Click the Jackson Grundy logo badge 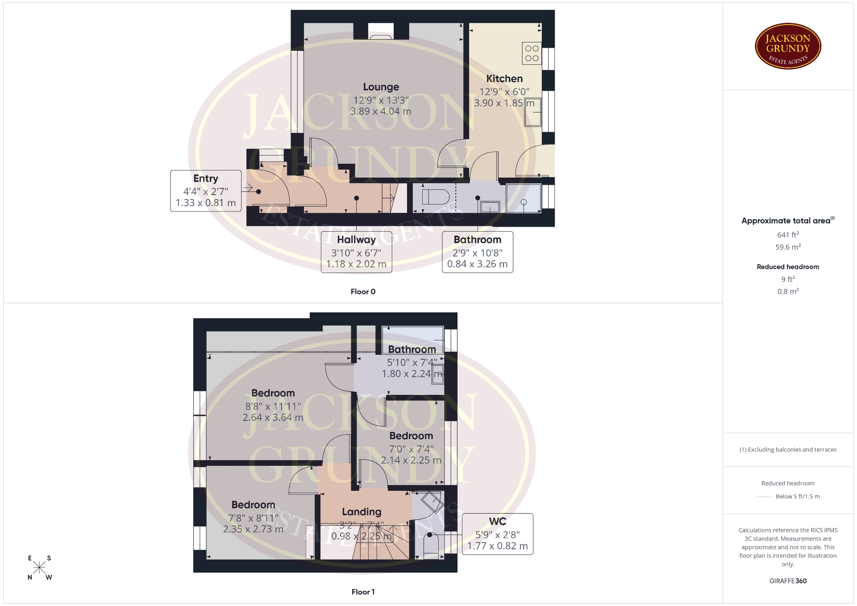788,46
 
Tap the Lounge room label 381,87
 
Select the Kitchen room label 504,79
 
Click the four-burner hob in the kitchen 532,53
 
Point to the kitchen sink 533,112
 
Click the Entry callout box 206,191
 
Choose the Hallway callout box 356,252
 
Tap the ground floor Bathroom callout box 477,252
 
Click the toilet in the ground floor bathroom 435,197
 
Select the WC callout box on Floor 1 497,534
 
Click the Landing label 362,512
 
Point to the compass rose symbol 39,568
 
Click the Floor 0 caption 363,291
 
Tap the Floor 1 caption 363,592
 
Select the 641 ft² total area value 788,235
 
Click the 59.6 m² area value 788,247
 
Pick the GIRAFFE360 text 788,581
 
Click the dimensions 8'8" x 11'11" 273,406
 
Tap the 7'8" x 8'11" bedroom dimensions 253,518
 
